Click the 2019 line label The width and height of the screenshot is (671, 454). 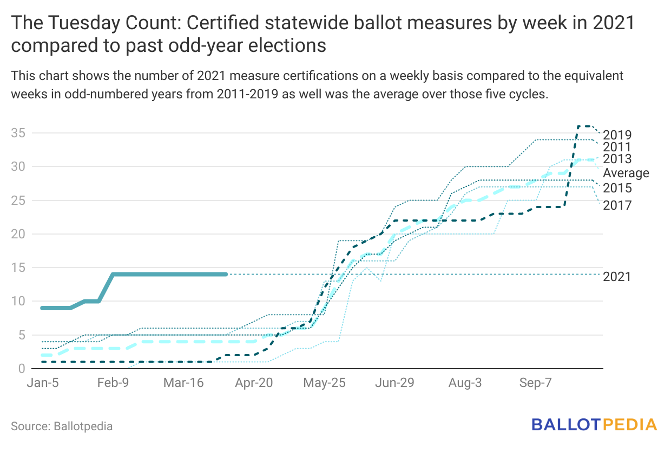(617, 135)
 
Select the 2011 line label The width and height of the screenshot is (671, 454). (617, 147)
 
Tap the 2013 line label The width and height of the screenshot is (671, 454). (617, 159)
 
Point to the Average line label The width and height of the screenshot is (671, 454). (626, 173)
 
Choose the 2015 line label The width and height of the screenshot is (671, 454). (617, 189)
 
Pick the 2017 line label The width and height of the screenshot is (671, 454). (617, 205)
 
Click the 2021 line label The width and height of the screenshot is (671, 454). (617, 277)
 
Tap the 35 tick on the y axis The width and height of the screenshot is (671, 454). (18, 133)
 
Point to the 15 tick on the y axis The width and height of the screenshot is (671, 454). (18, 268)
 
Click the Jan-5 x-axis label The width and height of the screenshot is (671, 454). (43, 383)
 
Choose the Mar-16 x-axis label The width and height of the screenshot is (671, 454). (183, 383)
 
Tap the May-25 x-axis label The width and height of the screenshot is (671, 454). (324, 383)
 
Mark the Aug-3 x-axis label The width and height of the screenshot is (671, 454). (465, 383)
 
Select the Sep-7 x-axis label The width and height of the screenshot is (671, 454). (536, 383)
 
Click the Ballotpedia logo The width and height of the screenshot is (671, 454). (594, 424)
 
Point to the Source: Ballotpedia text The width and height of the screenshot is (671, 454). (62, 426)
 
